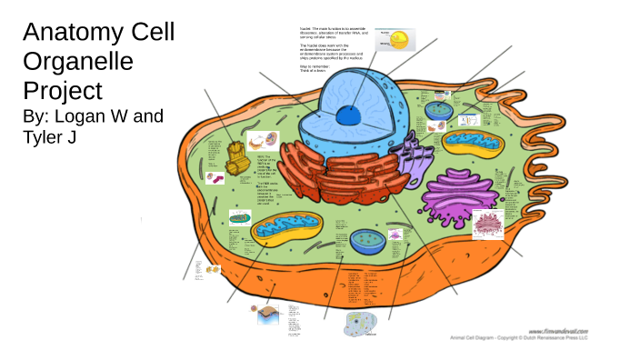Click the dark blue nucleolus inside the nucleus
346,115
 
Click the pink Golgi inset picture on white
493,223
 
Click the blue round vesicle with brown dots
369,240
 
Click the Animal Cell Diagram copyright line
519,337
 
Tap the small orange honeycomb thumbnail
213,269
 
